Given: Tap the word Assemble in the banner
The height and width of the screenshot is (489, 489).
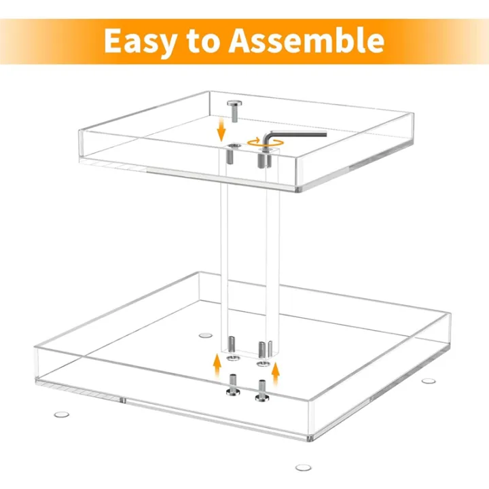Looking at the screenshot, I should tap(306, 41).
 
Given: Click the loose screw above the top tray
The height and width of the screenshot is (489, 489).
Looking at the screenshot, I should tap(234, 110).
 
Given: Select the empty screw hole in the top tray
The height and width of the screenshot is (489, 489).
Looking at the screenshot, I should tap(234, 146).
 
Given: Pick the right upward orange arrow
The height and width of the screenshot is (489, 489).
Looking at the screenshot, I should tap(276, 371).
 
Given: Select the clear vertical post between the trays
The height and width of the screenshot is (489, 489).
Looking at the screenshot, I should tap(251, 258).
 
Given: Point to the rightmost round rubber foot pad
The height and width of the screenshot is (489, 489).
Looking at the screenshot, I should tap(428, 380).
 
